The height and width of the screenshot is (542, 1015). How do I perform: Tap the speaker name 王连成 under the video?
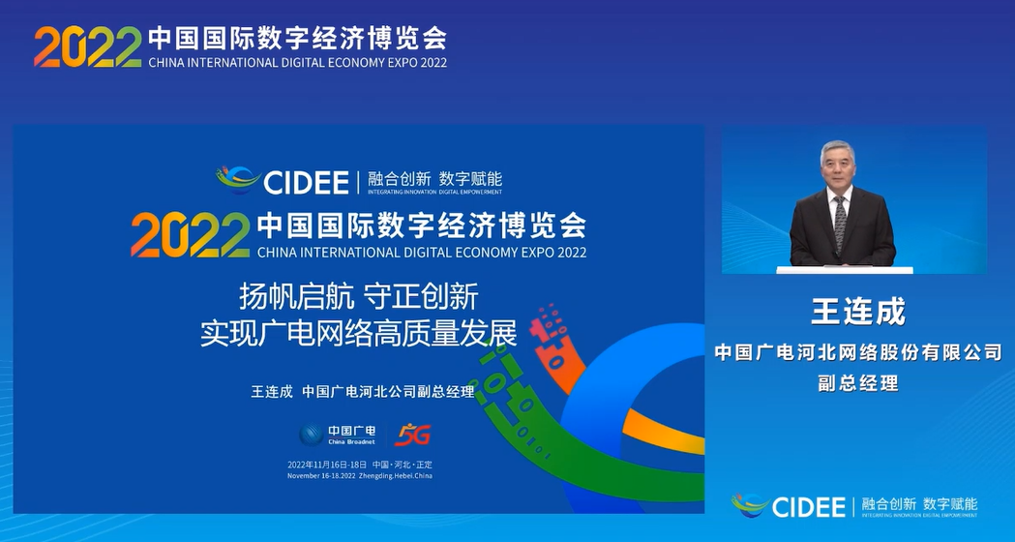pos(858,313)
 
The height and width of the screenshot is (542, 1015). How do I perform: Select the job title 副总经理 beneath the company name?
pos(858,383)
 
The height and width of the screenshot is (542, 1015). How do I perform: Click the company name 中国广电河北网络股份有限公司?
pos(858,352)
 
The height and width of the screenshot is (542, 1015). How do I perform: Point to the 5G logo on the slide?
pos(412,435)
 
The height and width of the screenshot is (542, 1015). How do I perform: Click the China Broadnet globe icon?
pos(311,435)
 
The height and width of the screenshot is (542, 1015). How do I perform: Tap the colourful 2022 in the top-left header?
pos(87,46)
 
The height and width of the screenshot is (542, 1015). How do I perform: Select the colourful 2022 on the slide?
pos(190,234)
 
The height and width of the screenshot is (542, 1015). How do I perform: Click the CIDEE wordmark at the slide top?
pos(305,181)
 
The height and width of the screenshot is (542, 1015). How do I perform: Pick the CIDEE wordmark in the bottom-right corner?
pos(809,506)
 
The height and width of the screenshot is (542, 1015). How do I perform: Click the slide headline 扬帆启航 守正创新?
pos(359,295)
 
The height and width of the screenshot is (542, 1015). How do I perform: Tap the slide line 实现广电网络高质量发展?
pos(359,332)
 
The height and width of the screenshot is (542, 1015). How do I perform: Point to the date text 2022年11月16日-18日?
pos(328,465)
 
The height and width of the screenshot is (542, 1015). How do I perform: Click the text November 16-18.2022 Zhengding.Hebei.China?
pos(360,476)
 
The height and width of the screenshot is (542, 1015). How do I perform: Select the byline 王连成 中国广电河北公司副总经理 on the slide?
pos(363,392)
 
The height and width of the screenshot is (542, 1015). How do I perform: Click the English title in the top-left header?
pos(297,63)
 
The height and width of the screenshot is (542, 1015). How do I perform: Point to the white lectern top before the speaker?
pos(845,270)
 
